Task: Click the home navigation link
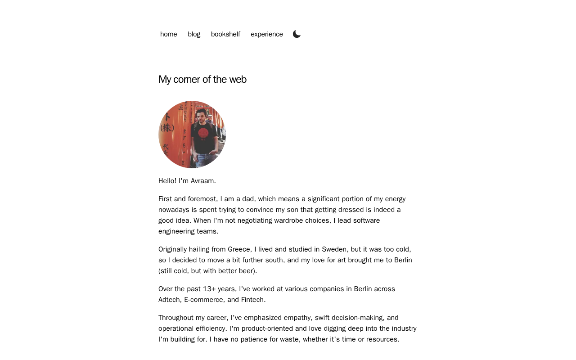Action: click(168, 34)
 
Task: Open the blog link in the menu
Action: click(194, 34)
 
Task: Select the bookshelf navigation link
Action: click(225, 34)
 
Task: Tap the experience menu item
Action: click(267, 34)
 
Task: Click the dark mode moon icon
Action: click(297, 34)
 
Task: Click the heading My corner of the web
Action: click(202, 79)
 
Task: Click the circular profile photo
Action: click(192, 135)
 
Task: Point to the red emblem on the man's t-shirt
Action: click(203, 133)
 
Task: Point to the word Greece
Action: click(238, 249)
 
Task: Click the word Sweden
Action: click(334, 249)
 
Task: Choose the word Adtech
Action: click(169, 300)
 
